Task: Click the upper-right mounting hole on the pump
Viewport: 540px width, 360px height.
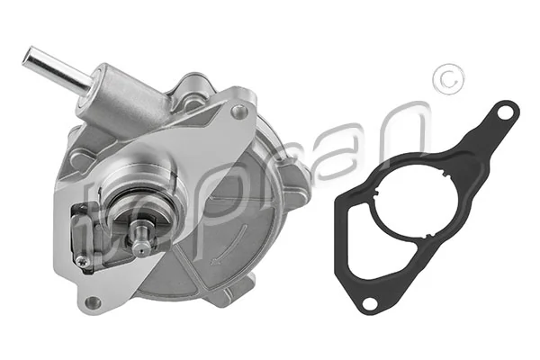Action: click(x=238, y=112)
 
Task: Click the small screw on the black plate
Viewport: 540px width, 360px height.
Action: click(x=83, y=262)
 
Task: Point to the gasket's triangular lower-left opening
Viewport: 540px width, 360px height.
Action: click(x=360, y=239)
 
